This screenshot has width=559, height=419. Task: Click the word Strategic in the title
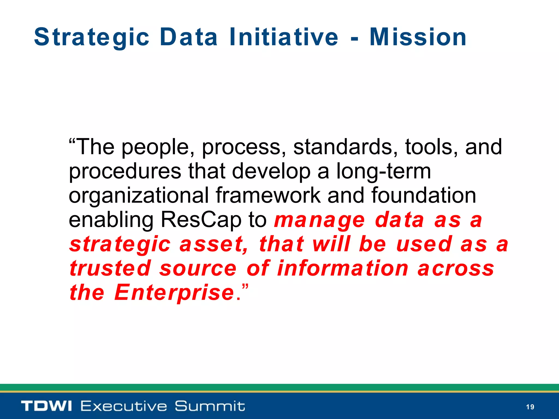click(92, 37)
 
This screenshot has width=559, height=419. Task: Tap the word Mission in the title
click(418, 37)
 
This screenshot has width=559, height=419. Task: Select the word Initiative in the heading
click(284, 37)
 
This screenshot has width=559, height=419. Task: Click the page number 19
click(530, 407)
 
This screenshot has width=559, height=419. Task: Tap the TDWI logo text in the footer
click(46, 406)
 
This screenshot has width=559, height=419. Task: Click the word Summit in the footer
click(210, 406)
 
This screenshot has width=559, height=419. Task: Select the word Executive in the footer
click(124, 406)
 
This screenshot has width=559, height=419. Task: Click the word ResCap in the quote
click(201, 220)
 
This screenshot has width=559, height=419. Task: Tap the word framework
click(268, 195)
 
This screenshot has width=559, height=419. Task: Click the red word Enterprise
click(174, 293)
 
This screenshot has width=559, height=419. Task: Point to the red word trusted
click(110, 268)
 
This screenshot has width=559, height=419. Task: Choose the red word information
click(343, 268)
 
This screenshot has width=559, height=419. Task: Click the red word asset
click(213, 244)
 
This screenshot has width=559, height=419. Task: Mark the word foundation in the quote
click(424, 195)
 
